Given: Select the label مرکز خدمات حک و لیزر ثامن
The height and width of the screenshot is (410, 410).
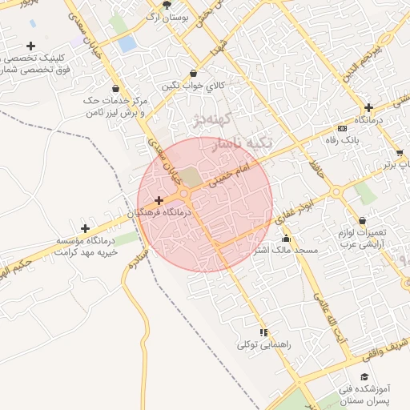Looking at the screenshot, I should coord(117,107).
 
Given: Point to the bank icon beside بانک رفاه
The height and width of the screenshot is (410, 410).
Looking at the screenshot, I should coord(343,128).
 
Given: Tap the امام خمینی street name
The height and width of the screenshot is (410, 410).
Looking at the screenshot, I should coord(231,173).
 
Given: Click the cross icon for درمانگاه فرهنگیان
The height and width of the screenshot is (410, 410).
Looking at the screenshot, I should coord(159,200).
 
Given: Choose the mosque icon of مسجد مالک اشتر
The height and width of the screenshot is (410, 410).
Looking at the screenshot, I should coord(286,239).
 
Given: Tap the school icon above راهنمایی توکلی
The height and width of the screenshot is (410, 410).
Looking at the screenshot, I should coord(263,332).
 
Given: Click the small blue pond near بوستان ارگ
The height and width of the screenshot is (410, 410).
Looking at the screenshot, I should coord(127,44).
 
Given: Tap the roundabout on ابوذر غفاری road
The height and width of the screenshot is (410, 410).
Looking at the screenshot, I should coord(336,192).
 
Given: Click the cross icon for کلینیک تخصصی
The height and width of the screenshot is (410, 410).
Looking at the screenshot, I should coord(30,46).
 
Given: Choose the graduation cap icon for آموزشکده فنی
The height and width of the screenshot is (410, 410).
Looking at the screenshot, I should coord(365,376).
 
